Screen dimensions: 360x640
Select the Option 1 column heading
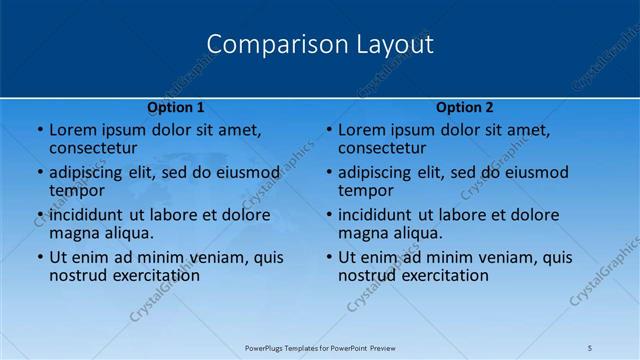(176, 107)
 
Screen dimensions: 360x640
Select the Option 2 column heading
(465, 107)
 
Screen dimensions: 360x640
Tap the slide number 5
(590, 347)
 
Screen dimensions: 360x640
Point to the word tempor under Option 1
(77, 190)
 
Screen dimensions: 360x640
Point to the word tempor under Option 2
(366, 190)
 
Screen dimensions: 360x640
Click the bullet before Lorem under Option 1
(40, 130)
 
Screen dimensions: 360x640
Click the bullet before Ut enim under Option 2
(329, 257)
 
